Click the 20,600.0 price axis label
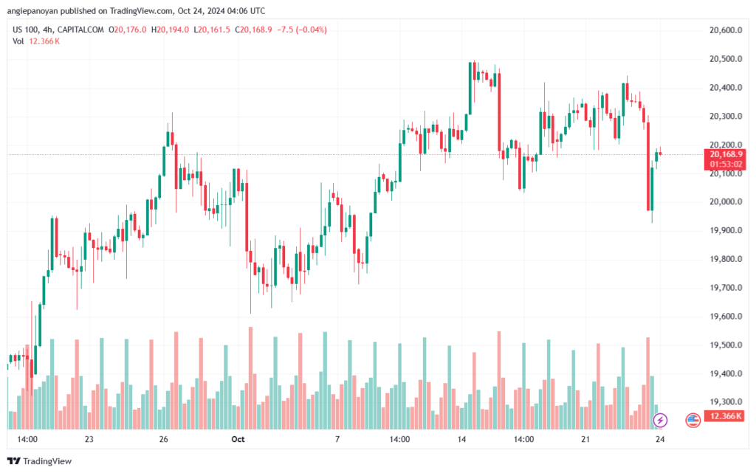(x=723, y=30)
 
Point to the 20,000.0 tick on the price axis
(x=723, y=202)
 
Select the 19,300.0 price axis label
(x=723, y=402)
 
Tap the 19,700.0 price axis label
(x=723, y=288)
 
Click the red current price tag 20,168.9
(x=724, y=154)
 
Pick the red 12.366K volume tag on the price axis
(x=724, y=417)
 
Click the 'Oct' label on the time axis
(x=238, y=439)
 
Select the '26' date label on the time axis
(x=164, y=439)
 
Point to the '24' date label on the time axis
(x=661, y=439)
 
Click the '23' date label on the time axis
(x=89, y=439)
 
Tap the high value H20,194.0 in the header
(x=169, y=30)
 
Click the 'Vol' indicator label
(x=18, y=41)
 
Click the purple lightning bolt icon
(x=661, y=421)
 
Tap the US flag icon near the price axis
(x=693, y=421)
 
